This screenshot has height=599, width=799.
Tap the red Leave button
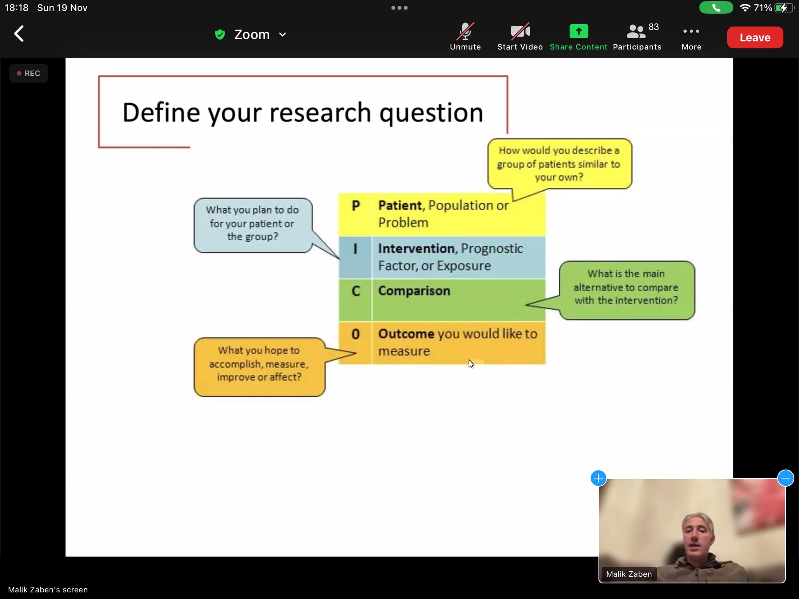[x=755, y=37]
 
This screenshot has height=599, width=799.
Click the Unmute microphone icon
[x=465, y=31]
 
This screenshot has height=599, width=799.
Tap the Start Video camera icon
[x=520, y=31]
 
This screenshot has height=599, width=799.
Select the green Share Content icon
[x=579, y=31]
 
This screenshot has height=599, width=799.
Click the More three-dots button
[x=691, y=31]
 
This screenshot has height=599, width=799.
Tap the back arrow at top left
[x=19, y=34]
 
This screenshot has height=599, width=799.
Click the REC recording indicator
[x=29, y=73]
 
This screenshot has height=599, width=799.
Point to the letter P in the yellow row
[x=355, y=206]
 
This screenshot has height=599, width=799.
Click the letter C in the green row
[x=356, y=291]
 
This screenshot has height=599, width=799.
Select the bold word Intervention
[x=416, y=248]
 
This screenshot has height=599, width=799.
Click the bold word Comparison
[x=414, y=291]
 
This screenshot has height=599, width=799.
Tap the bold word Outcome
[x=406, y=334]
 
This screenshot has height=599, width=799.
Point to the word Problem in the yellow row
[x=403, y=223]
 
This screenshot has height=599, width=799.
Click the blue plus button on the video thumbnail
[x=598, y=478]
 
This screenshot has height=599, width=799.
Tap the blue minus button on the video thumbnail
[x=785, y=478]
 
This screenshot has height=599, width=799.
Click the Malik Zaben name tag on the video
[x=629, y=574]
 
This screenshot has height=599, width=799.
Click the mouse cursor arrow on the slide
[x=471, y=364]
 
